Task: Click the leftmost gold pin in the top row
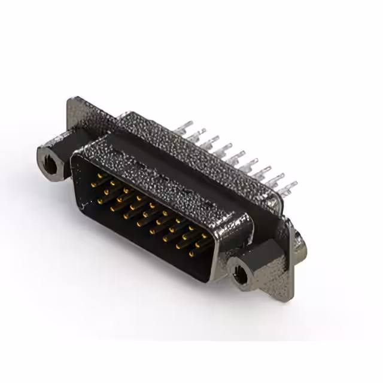pos(100,175)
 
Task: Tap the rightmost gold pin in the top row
pos(203,235)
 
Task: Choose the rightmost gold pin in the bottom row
pos(191,254)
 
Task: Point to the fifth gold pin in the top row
pos(152,205)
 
